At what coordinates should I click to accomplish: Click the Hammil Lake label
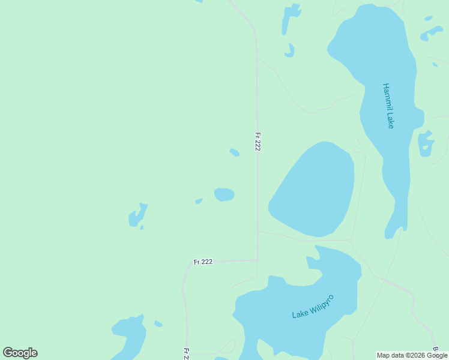coord(388,106)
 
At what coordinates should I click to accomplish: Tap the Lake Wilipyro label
coord(312,307)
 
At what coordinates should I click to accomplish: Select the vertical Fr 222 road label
coord(258,142)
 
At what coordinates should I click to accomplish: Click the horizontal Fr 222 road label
coord(203,262)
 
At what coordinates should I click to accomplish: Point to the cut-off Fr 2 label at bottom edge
coord(186,353)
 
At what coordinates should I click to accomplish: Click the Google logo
coord(20,353)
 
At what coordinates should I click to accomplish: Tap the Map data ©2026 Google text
coord(412,355)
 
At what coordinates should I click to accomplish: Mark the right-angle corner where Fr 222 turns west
coord(258,260)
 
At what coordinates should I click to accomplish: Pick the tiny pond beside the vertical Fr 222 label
coord(235,152)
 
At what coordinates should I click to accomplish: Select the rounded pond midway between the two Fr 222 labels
coord(224,194)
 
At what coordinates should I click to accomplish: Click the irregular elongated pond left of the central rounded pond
coord(137,215)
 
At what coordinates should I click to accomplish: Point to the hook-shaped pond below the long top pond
coord(290,51)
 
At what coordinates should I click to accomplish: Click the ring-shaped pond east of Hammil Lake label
coord(426,143)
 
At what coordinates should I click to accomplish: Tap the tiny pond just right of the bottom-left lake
coord(158,323)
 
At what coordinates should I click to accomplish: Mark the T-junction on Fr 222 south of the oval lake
coord(258,231)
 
